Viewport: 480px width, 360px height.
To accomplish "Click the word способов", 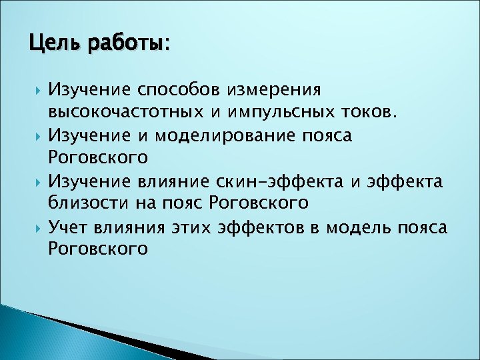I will coord(176,89).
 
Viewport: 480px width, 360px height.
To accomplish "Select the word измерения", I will coord(275,89).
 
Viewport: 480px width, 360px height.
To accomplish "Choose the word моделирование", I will coord(217,136).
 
